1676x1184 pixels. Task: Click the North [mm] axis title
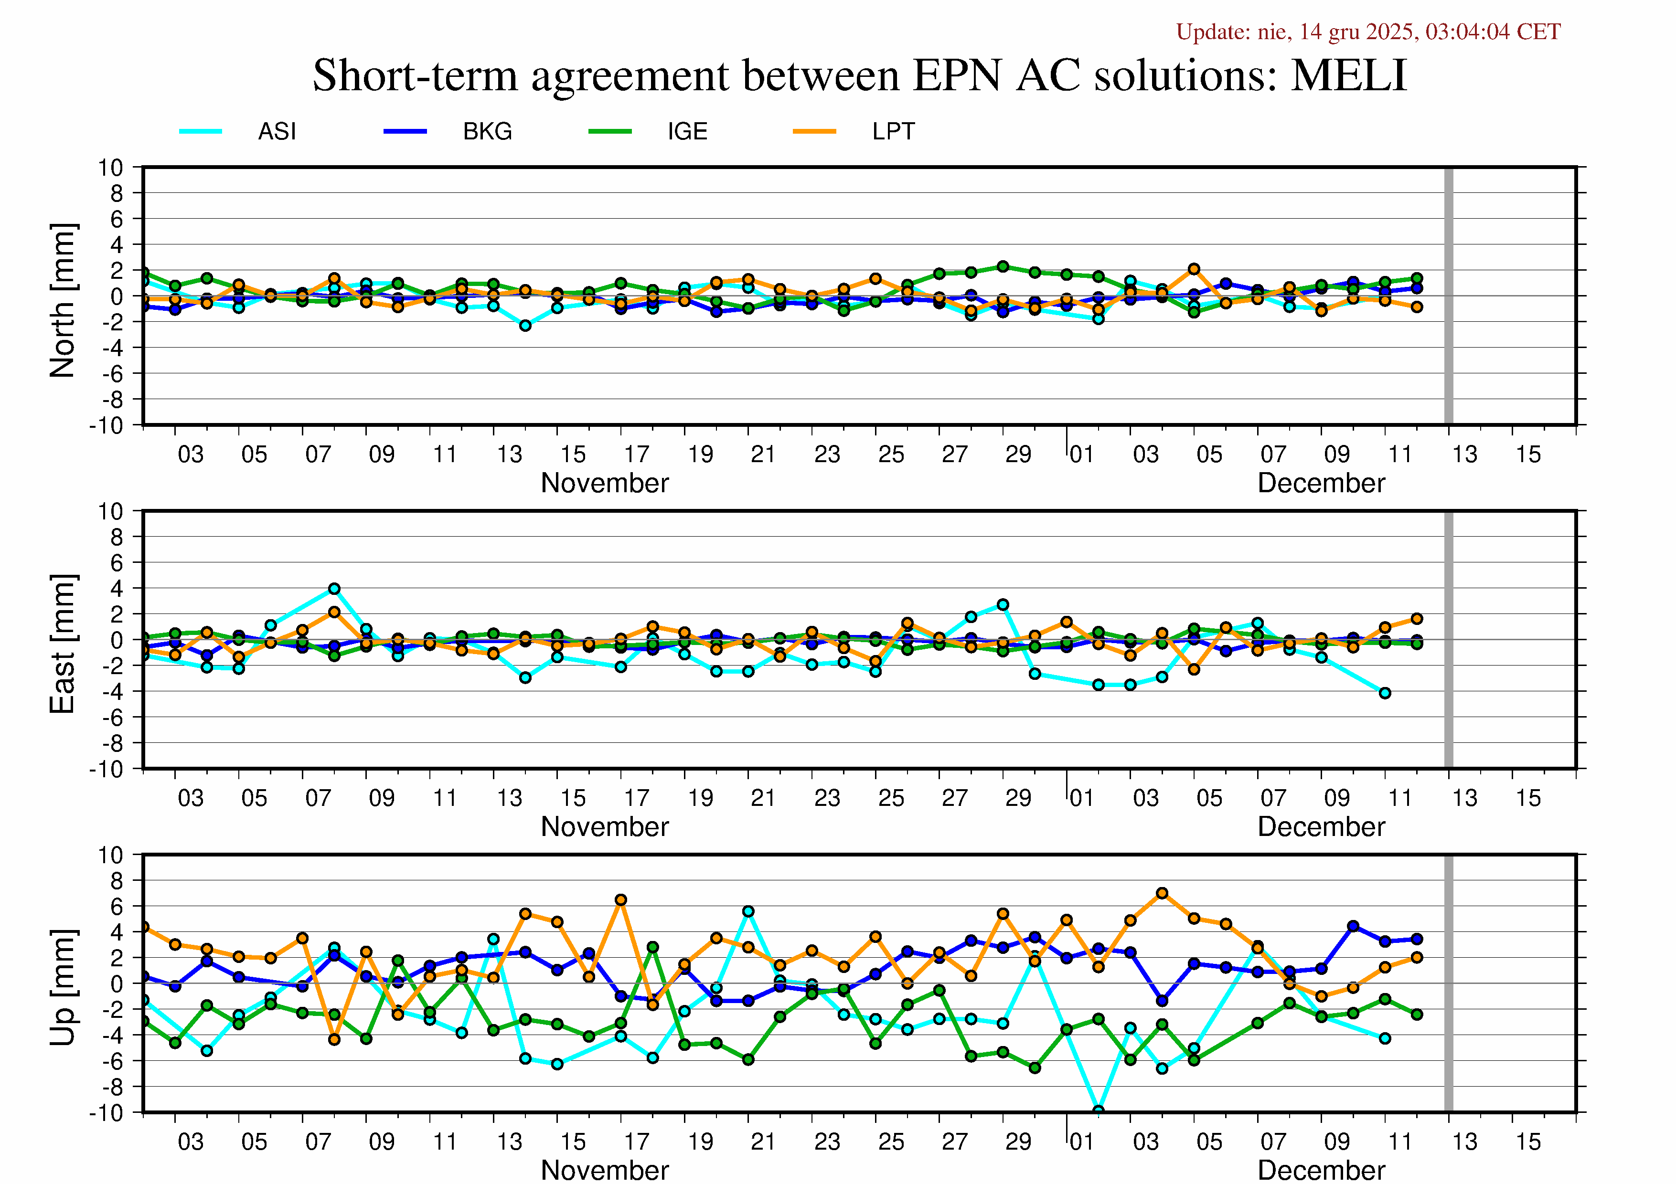pyautogui.click(x=63, y=301)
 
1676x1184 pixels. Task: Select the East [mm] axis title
pyautogui.click(x=63, y=644)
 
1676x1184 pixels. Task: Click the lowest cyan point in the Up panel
pyautogui.click(x=1098, y=1111)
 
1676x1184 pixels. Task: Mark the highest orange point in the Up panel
pyautogui.click(x=1162, y=893)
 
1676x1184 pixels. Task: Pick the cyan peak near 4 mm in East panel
pyautogui.click(x=334, y=589)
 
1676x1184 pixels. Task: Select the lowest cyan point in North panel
pyautogui.click(x=525, y=326)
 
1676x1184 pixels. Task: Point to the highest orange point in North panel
pyautogui.click(x=1194, y=269)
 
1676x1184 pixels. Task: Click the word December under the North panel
pyautogui.click(x=1321, y=483)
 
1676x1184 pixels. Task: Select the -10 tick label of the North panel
pyautogui.click(x=107, y=425)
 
